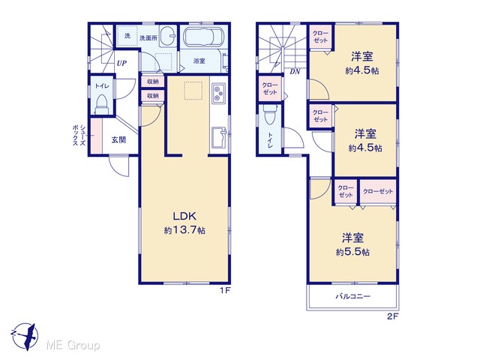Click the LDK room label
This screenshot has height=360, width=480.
tap(184, 217)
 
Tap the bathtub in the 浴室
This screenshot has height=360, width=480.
tap(203, 37)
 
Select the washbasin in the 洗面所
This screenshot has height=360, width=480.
tap(168, 36)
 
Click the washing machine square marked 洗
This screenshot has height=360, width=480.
tap(127, 36)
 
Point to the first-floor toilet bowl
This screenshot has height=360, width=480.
tap(100, 104)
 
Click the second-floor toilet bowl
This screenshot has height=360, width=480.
tap(270, 115)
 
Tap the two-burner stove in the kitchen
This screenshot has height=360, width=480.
tap(218, 93)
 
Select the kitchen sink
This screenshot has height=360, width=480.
tap(219, 137)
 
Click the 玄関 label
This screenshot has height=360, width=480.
tap(118, 140)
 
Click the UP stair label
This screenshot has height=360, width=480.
tap(121, 63)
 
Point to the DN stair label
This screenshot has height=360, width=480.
tap(295, 72)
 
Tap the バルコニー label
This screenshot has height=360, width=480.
tap(353, 296)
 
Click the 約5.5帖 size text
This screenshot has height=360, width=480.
tap(352, 252)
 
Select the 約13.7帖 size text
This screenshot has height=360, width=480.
tap(184, 230)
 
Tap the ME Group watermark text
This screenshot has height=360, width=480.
tap(73, 346)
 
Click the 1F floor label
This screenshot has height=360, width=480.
tap(225, 290)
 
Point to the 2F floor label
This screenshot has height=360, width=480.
tap(392, 316)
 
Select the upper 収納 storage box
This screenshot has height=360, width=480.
tap(153, 82)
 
